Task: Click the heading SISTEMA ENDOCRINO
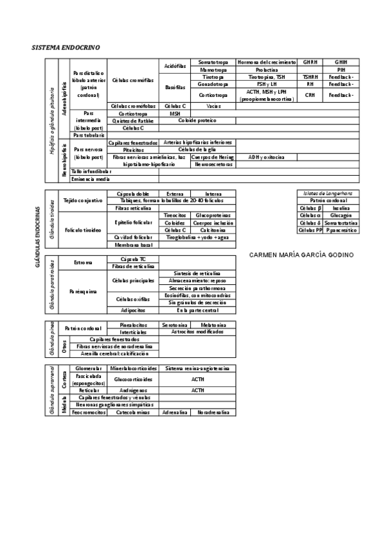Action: (x=66, y=48)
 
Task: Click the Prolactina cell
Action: (x=266, y=69)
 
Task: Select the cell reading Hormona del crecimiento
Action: (x=266, y=62)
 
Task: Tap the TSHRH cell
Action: (x=310, y=77)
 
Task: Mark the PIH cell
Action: (x=341, y=69)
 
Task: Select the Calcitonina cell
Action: (x=212, y=230)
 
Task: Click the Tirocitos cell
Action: (x=175, y=215)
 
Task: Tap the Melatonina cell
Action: (x=212, y=325)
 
